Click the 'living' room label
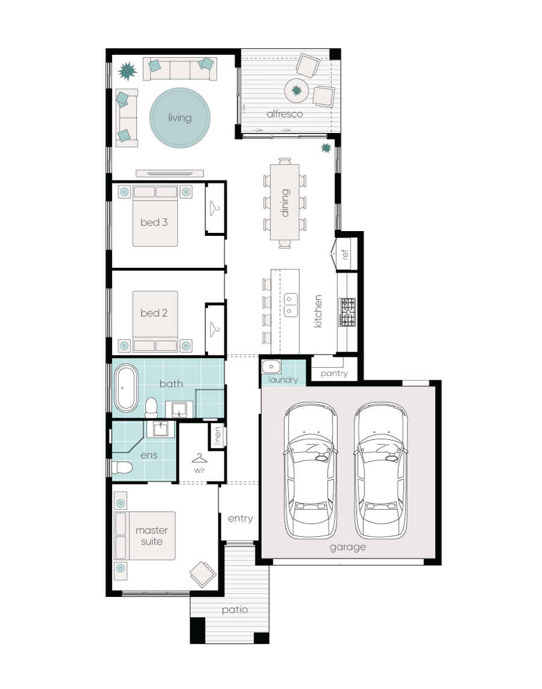(x=179, y=117)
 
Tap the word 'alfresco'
(x=285, y=114)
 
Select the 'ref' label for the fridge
(x=345, y=254)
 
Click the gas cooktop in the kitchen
(x=347, y=312)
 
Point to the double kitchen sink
(x=291, y=305)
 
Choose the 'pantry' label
(x=334, y=373)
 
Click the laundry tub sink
(x=272, y=365)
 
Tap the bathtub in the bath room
(x=126, y=389)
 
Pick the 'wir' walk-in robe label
(x=199, y=470)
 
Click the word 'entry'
(x=240, y=518)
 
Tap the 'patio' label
(x=234, y=610)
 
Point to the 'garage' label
(x=347, y=547)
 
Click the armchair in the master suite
(x=203, y=573)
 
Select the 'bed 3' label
(x=154, y=223)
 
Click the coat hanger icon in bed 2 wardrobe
(x=215, y=329)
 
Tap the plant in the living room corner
(x=128, y=72)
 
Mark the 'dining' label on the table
(x=285, y=203)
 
